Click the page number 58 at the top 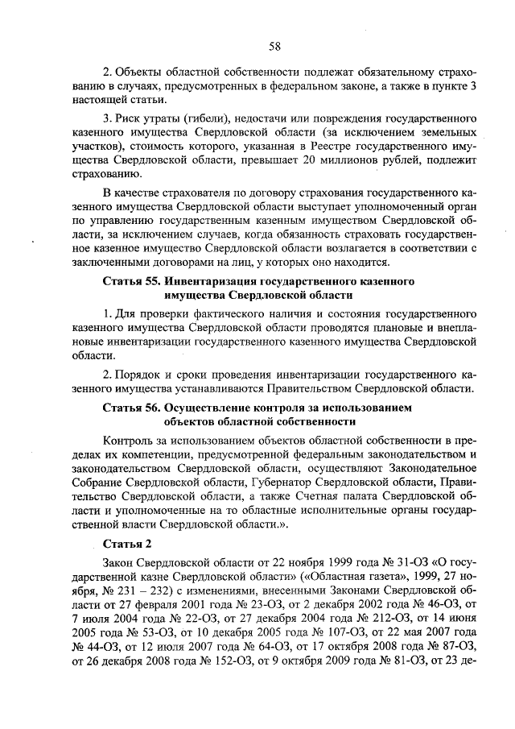pos(274,46)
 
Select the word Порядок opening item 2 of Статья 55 pos(142,373)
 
